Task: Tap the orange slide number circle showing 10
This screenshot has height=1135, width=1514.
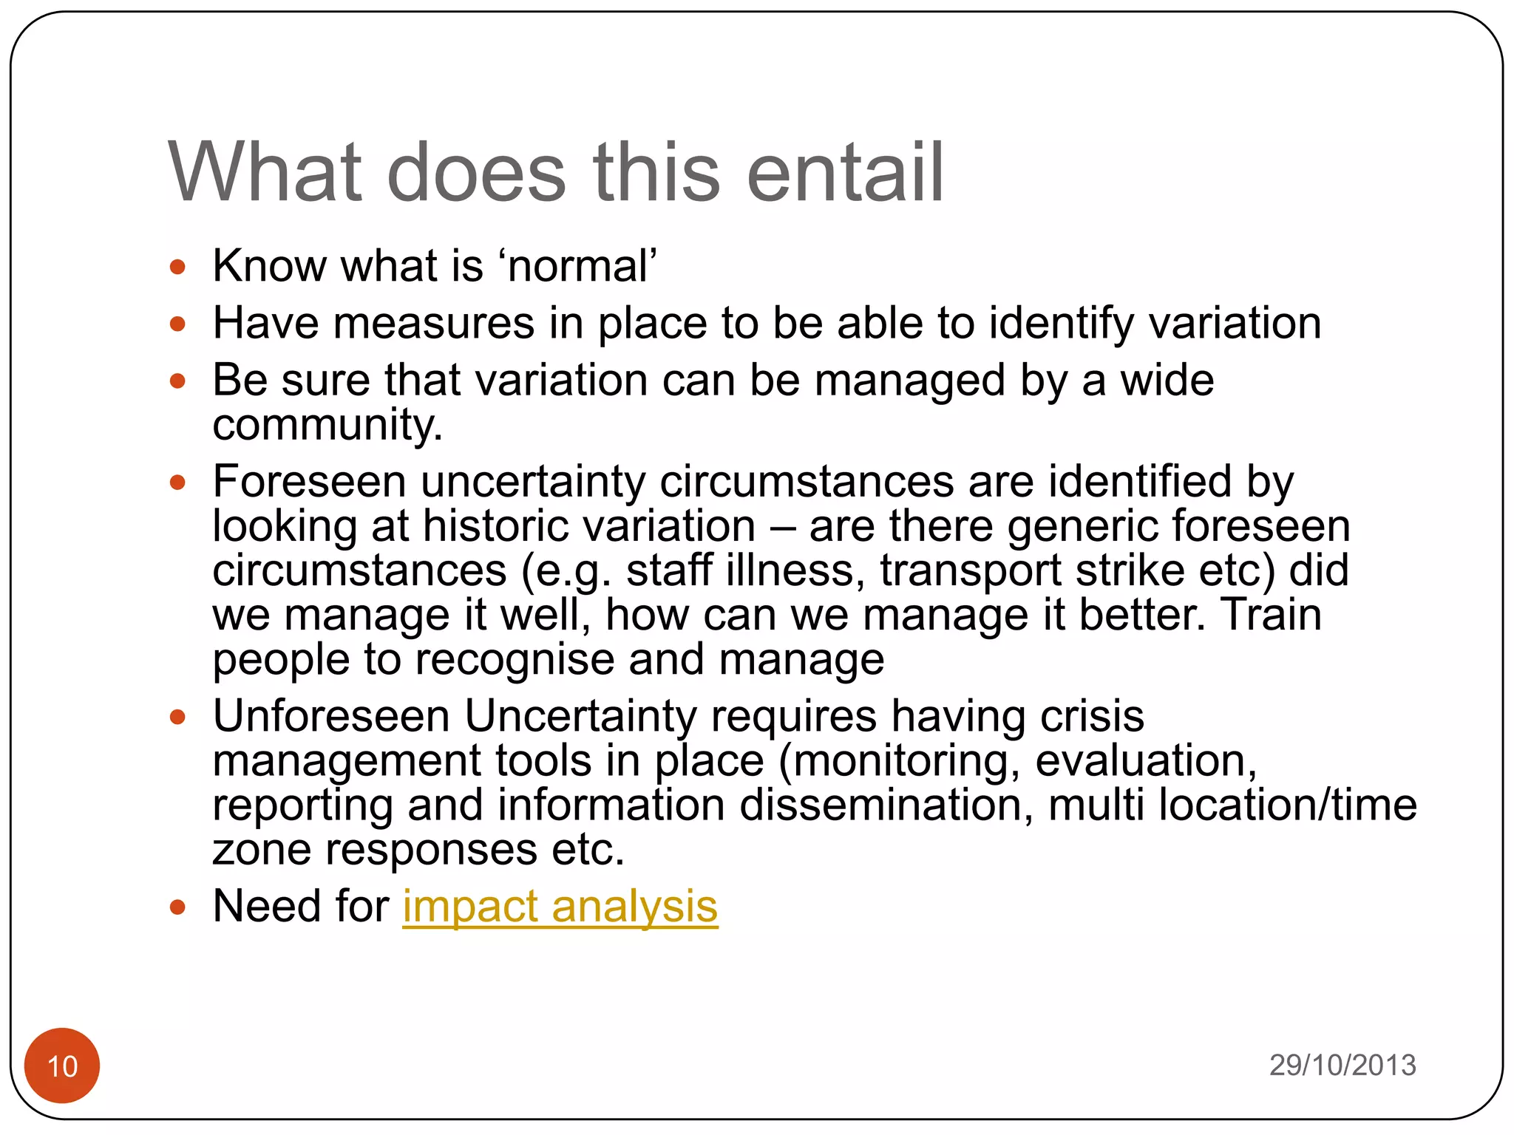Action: [x=62, y=1066]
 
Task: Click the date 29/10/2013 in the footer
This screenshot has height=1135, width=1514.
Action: [x=1342, y=1065]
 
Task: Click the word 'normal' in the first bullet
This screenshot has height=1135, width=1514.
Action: [x=578, y=266]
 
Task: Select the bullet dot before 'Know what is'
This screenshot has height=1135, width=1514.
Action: [x=177, y=267]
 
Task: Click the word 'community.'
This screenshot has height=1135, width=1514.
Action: [x=327, y=426]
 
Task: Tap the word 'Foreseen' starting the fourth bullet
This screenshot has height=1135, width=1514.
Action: [x=309, y=482]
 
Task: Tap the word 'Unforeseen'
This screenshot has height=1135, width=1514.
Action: [x=331, y=716]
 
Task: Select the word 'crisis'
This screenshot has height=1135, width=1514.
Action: [x=1092, y=716]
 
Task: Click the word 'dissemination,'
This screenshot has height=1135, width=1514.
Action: [x=886, y=805]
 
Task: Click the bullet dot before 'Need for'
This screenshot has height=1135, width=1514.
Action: [x=177, y=907]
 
